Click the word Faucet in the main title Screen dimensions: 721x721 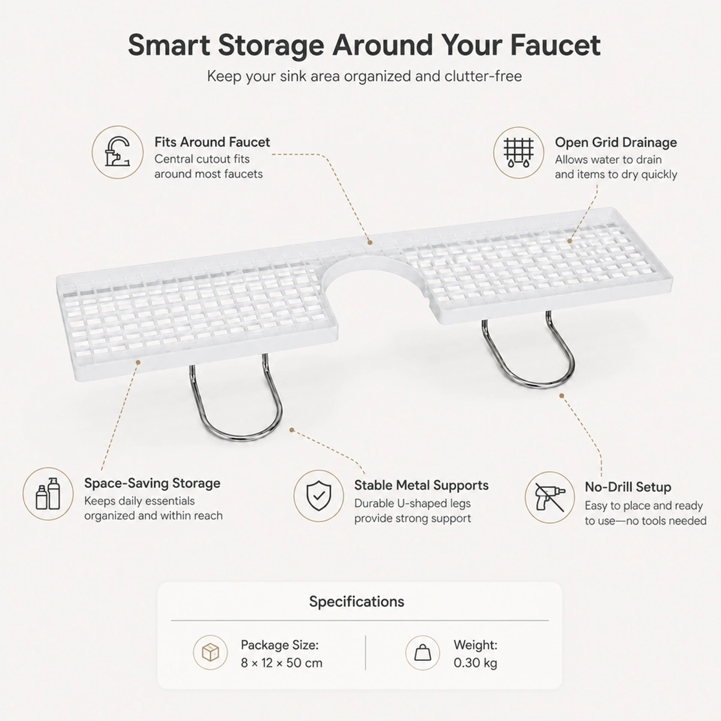tap(555, 46)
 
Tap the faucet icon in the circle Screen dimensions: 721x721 tap(118, 152)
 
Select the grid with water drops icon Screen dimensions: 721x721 tap(518, 152)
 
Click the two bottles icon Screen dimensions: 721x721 tap(48, 493)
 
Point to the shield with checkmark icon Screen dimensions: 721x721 tap(318, 496)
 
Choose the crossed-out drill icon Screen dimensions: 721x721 tap(549, 497)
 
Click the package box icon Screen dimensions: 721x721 tap(210, 653)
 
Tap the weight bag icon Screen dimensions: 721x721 tap(422, 653)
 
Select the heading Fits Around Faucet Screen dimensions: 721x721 tap(212, 142)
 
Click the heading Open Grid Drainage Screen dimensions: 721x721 tap(616, 142)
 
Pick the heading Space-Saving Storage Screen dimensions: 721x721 tap(152, 484)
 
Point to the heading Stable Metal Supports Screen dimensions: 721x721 tap(421, 485)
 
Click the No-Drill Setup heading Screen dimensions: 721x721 tap(628, 487)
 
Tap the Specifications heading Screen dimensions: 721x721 tap(356, 601)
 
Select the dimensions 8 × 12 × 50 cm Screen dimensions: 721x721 tap(281, 663)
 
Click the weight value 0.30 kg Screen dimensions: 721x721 tap(475, 663)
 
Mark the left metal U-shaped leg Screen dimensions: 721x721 tap(236, 435)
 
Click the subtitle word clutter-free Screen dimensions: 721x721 tap(483, 76)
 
